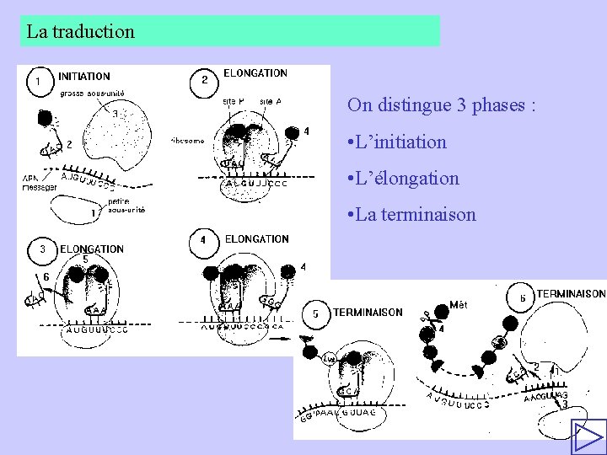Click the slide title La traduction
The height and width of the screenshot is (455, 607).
coord(80,32)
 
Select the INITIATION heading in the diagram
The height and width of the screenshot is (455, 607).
coord(83,77)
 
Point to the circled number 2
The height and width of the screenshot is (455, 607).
coord(204,81)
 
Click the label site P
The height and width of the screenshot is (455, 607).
coord(234,101)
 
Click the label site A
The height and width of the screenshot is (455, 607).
coord(271,101)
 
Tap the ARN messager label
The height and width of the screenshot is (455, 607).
coord(39,183)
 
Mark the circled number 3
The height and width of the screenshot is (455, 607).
coord(42,249)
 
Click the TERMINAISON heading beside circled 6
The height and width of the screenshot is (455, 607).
coord(571,294)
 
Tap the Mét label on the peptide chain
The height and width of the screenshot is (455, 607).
coord(459,304)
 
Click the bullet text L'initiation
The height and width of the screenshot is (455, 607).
coord(401,142)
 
